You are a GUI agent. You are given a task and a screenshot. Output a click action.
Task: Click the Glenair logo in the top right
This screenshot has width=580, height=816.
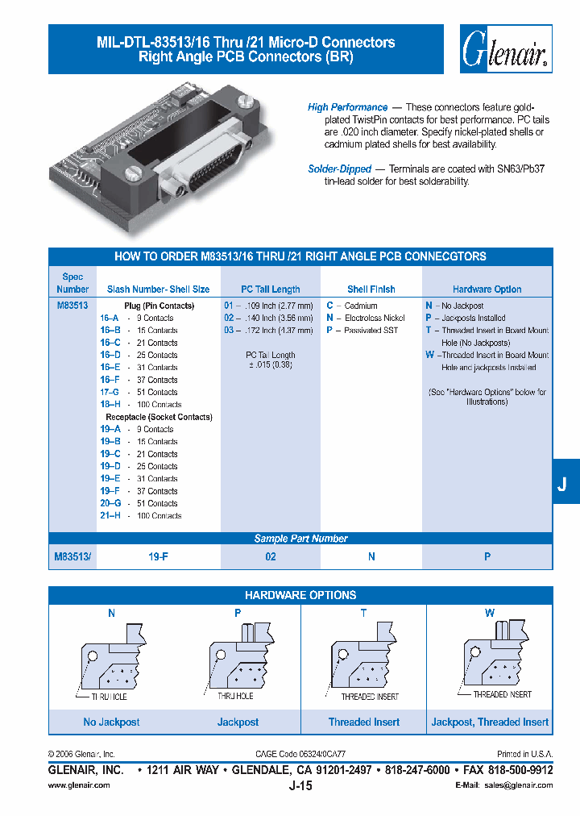pos(505,49)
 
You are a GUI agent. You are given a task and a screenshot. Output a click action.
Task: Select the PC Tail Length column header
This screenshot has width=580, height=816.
pos(271,289)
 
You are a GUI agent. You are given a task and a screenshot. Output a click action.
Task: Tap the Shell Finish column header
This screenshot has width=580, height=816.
pos(371,289)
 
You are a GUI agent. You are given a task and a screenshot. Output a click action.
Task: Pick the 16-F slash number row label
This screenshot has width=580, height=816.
pos(110,380)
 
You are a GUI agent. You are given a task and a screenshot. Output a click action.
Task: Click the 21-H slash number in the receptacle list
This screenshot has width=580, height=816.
pos(110,516)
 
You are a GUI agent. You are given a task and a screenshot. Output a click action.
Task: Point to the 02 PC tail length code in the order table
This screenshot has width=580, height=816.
pos(228,318)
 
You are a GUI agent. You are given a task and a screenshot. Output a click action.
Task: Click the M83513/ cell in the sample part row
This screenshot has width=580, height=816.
pos(73,556)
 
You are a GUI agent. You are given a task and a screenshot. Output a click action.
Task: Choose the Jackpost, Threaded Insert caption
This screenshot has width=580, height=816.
pos(490,722)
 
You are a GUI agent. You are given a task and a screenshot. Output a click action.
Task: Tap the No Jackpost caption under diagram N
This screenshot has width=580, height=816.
pos(112,722)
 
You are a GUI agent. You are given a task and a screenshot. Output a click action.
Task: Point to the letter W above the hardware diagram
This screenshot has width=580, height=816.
pos(490,614)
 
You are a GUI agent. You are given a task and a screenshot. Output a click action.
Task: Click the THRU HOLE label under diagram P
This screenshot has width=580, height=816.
pos(235,696)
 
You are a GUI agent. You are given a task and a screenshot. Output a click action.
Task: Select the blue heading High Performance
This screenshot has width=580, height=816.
pos(347,107)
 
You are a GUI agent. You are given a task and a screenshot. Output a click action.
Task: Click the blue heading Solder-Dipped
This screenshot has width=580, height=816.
pos(339,169)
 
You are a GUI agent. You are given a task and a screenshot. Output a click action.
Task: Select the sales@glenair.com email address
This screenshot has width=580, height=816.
pos(517,785)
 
